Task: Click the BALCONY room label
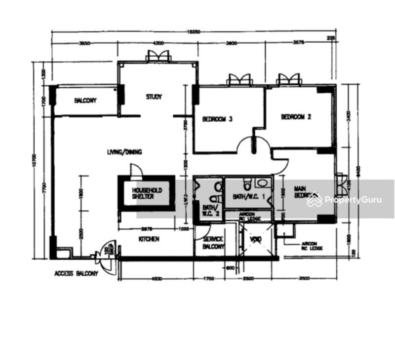click(85, 101)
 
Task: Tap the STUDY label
click(154, 97)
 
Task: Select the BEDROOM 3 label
click(217, 119)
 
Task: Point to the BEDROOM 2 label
click(296, 117)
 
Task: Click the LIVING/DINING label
click(124, 152)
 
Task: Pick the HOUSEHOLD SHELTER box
click(146, 193)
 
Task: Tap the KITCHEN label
click(149, 239)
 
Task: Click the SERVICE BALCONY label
click(214, 243)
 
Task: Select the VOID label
click(255, 241)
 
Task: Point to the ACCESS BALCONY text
click(76, 273)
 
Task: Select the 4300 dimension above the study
click(158, 43)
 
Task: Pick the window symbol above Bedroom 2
click(289, 79)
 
